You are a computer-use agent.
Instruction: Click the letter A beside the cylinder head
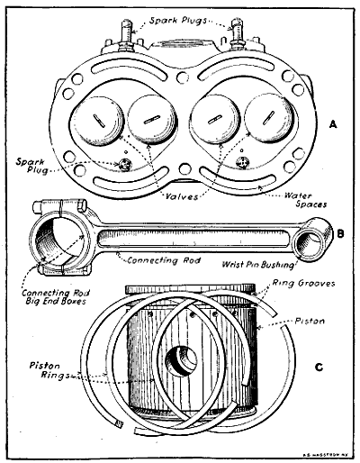point(334,123)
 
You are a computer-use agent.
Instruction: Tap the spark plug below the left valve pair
point(125,163)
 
